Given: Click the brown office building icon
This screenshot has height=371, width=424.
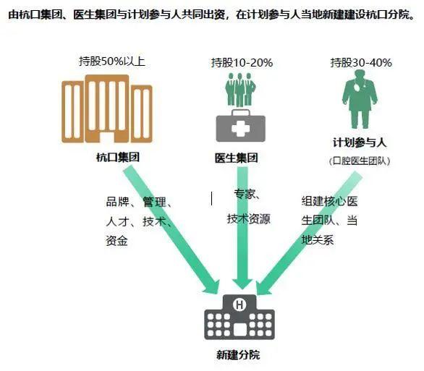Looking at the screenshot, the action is (107, 108).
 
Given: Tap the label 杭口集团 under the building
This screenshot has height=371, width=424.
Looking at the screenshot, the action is (118, 157).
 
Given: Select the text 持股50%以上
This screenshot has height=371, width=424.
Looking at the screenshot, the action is (112, 61).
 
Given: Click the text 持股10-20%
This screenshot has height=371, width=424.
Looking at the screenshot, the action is (242, 63).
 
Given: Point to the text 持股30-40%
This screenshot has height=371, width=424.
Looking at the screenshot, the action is (361, 63).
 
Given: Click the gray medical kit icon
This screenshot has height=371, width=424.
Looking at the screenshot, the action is (240, 126).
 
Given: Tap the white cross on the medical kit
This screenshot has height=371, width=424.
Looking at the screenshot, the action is (240, 128).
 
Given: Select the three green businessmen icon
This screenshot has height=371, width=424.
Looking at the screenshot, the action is (240, 90).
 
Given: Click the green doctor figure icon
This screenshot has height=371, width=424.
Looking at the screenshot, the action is (360, 99).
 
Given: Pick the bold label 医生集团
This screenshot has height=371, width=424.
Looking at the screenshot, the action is (237, 158).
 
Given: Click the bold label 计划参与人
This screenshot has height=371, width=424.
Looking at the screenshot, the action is (360, 142).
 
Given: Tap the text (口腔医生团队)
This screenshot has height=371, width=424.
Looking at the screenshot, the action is (360, 161).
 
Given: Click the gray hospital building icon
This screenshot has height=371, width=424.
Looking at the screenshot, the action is (239, 317).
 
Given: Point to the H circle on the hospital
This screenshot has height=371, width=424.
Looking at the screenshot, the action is (239, 304).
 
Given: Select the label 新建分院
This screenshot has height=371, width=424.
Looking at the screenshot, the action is (238, 355).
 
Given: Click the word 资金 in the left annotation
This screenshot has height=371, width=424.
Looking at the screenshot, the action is (116, 241).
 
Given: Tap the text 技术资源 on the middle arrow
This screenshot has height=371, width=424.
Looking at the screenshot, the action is (249, 218).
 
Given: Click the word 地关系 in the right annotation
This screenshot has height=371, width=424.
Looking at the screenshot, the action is (318, 239).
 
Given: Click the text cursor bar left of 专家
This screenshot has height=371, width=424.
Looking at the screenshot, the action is (211, 199).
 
